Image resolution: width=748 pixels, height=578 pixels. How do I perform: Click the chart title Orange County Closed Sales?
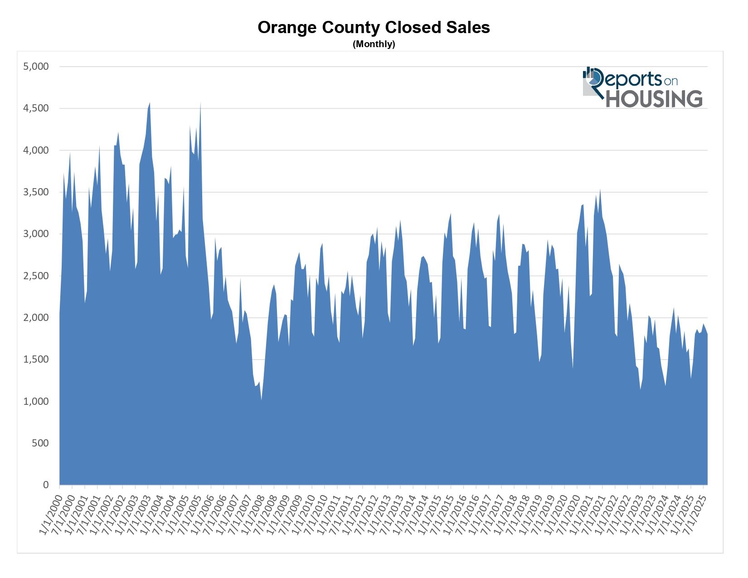point(374,28)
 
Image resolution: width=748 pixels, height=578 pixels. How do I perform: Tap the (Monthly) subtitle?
point(374,44)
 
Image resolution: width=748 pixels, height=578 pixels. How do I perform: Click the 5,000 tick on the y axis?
point(36,67)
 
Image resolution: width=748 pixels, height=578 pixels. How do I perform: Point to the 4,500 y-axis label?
point(36,108)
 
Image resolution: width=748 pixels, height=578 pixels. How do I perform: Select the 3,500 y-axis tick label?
point(36,192)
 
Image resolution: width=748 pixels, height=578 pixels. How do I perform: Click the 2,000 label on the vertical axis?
point(36,318)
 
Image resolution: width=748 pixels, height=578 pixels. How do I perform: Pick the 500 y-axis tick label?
point(40,443)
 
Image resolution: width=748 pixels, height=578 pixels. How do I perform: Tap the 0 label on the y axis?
point(45,485)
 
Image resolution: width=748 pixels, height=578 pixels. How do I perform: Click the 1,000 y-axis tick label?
point(36,402)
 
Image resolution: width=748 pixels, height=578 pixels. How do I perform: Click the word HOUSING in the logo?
point(654,99)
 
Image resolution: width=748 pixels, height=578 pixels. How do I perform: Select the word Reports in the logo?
point(630,79)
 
